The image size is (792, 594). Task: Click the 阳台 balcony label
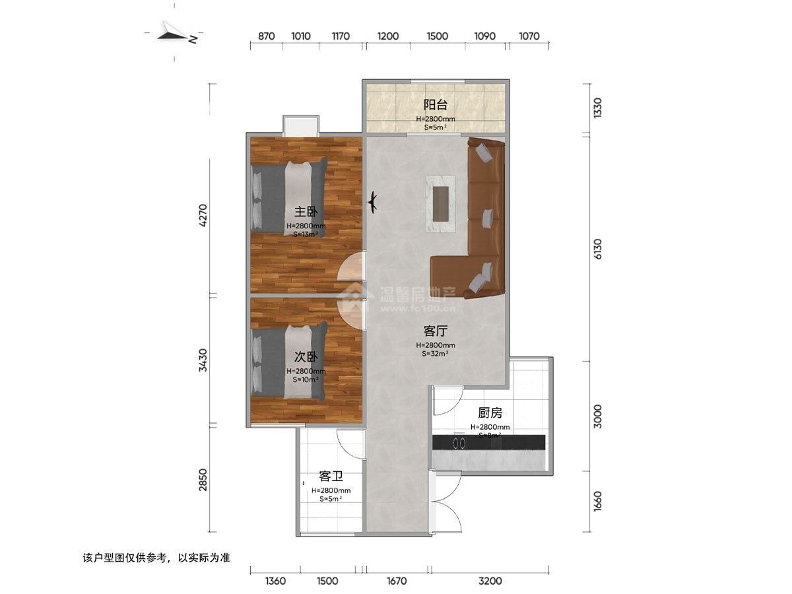point(436,104)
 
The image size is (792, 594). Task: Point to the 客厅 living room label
point(436,331)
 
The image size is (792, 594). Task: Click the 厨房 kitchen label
point(490,413)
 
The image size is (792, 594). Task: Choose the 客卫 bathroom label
point(331,476)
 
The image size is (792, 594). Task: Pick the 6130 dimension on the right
point(598,249)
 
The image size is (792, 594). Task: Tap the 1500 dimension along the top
point(437,36)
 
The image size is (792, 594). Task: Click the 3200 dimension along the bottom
point(490,581)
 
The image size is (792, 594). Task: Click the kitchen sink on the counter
point(459,440)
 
